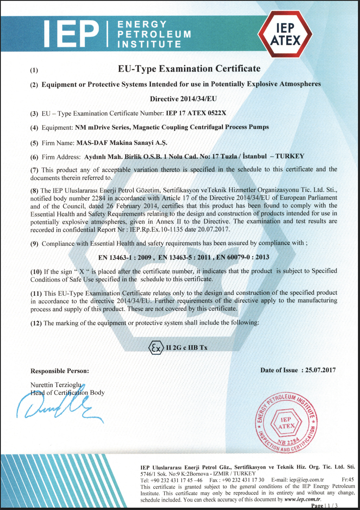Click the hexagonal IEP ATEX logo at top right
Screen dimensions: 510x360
tap(285, 34)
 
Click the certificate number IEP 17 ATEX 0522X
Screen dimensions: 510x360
tap(196, 113)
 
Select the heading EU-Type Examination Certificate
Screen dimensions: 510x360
tap(189, 69)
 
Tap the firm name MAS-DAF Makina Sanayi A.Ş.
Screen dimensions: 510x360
tap(122, 143)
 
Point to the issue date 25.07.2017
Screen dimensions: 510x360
tap(320, 370)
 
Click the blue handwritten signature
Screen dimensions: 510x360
tap(58, 405)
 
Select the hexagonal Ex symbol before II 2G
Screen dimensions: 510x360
tap(156, 348)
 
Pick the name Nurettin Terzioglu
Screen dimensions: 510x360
tap(56, 385)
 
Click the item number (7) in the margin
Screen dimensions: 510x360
tap(34, 170)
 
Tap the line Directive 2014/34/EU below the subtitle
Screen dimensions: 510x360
tap(183, 99)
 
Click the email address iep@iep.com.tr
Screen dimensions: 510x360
tap(307, 480)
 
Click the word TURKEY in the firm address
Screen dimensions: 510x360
tap(290, 156)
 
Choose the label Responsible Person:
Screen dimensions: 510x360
tap(60, 371)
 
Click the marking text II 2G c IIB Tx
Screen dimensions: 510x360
tap(187, 348)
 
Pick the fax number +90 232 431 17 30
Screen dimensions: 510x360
tap(243, 480)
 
